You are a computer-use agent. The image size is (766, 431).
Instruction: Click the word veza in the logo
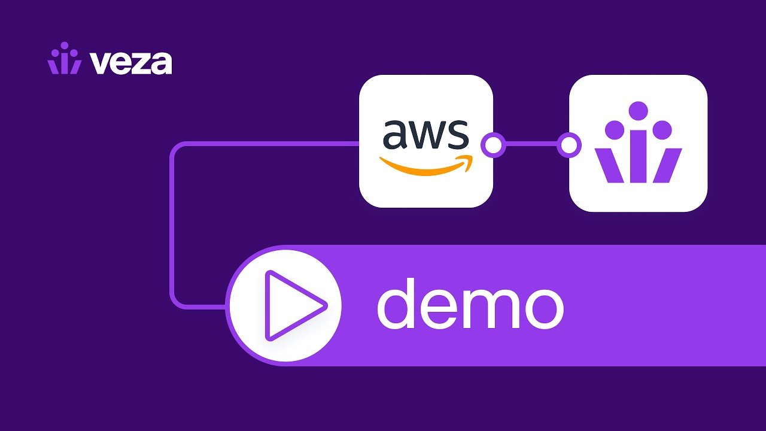click(x=131, y=62)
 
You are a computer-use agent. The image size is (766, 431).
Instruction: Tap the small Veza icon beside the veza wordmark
click(x=64, y=59)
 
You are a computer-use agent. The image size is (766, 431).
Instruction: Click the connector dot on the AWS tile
click(x=493, y=145)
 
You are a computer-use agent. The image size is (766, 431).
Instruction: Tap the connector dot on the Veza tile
click(x=569, y=145)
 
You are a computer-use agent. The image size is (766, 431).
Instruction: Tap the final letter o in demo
click(x=542, y=308)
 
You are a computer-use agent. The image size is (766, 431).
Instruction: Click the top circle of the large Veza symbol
click(x=639, y=111)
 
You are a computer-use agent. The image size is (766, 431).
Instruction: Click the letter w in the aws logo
click(x=425, y=136)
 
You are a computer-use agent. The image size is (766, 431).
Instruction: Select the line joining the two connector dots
click(x=531, y=145)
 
